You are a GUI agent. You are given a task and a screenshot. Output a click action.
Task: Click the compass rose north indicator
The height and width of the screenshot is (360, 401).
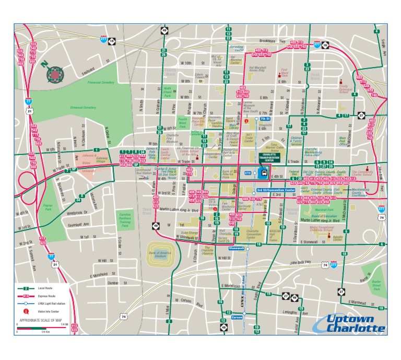point(54,75)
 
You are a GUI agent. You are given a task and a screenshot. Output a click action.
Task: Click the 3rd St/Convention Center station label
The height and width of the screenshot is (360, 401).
point(276,190)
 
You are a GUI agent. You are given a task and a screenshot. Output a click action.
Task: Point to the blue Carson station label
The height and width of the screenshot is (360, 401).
point(238,317)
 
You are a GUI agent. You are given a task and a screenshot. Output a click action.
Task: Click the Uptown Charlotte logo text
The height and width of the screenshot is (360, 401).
point(349,324)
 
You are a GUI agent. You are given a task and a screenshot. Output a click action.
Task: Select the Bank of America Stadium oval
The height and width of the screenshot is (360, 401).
point(161,252)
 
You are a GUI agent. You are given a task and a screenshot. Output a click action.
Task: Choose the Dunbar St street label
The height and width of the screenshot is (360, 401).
point(113,283)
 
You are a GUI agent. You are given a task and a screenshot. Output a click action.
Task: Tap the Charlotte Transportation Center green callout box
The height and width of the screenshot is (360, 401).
point(270,157)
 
